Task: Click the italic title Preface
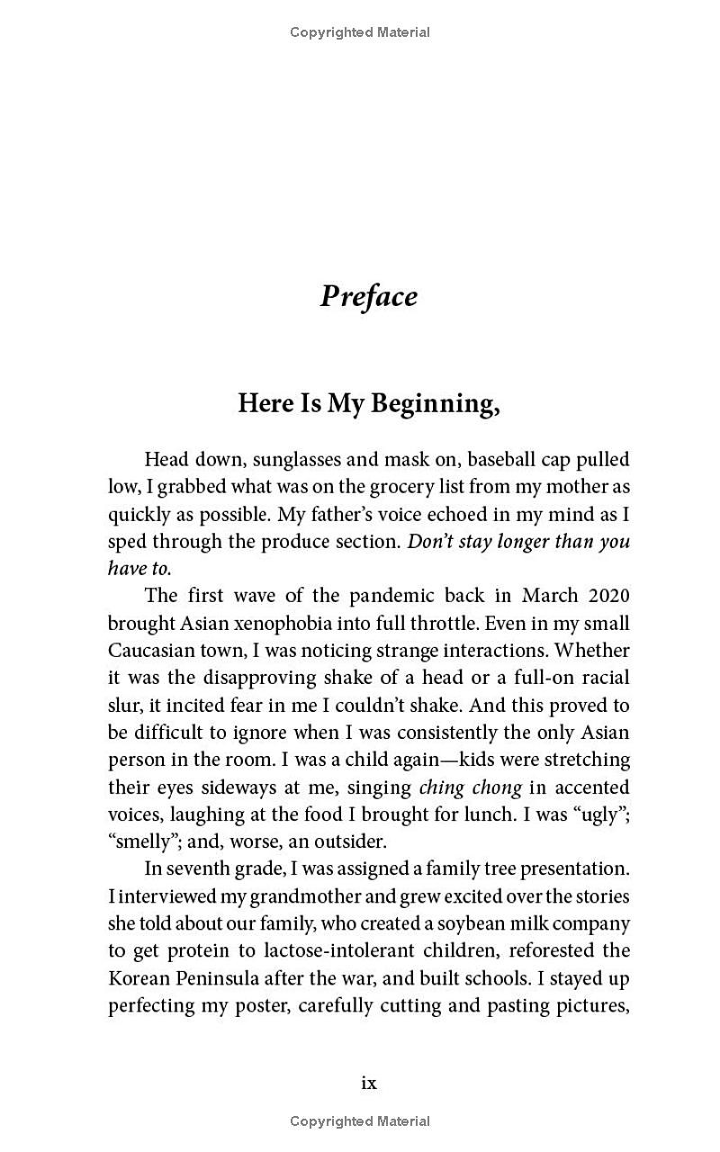pos(368,296)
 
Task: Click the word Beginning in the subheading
pos(435,404)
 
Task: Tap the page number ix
pos(368,1083)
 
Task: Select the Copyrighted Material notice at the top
pos(360,32)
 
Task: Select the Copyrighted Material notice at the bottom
pos(360,1121)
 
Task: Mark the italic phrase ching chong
pos(470,787)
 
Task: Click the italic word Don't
pos(429,541)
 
